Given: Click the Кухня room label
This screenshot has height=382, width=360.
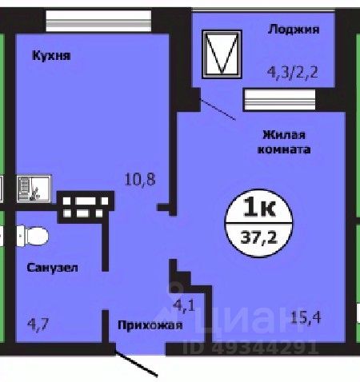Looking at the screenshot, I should click(52, 56).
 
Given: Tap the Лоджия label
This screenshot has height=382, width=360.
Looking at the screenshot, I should click(294, 30).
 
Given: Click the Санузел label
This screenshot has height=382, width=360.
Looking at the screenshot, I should click(52, 269).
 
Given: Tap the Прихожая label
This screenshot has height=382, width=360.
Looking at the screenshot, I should click(150, 325).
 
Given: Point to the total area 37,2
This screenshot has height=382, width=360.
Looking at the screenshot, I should click(260, 235).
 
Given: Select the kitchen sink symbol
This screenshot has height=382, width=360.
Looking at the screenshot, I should click(33, 188).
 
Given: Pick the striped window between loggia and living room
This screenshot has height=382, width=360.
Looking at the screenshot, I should click(279, 100).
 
